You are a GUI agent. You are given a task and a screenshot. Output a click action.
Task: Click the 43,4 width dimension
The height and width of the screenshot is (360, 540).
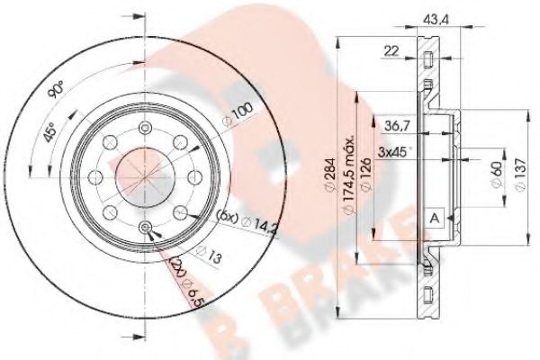tap(436, 15)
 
